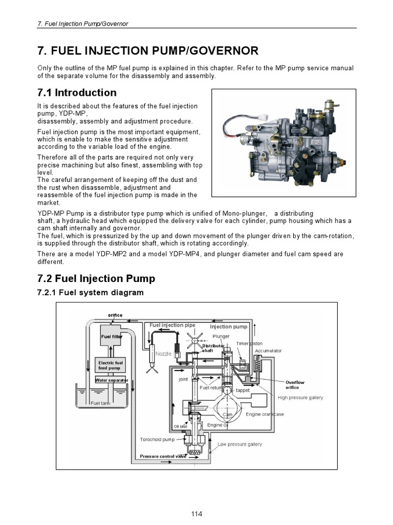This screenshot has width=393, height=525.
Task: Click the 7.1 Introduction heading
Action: pyautogui.click(x=77, y=93)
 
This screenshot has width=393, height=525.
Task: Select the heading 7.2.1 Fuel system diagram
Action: pyautogui.click(x=90, y=292)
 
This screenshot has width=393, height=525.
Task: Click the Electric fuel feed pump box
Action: pyautogui.click(x=110, y=366)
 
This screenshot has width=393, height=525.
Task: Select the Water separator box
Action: pyautogui.click(x=111, y=380)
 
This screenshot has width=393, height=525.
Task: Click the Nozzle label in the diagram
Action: pyautogui.click(x=163, y=354)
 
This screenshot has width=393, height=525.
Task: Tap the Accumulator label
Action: pyautogui.click(x=268, y=351)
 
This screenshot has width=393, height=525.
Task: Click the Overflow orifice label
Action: pyautogui.click(x=295, y=385)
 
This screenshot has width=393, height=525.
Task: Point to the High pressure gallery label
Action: pyautogui.click(x=300, y=397)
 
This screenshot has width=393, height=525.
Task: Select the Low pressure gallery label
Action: pyautogui.click(x=240, y=444)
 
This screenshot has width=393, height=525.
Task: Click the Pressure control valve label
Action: pyautogui.click(x=163, y=456)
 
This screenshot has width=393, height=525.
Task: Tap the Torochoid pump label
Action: pyautogui.click(x=157, y=439)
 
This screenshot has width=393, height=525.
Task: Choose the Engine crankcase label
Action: pyautogui.click(x=265, y=414)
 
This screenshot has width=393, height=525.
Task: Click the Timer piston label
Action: pyautogui.click(x=249, y=343)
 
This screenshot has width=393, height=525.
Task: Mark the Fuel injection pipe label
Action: pyautogui.click(x=172, y=325)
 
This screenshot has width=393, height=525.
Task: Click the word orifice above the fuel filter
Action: pyautogui.click(x=115, y=315)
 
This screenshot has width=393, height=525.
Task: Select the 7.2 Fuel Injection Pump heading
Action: pyautogui.click(x=96, y=278)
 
